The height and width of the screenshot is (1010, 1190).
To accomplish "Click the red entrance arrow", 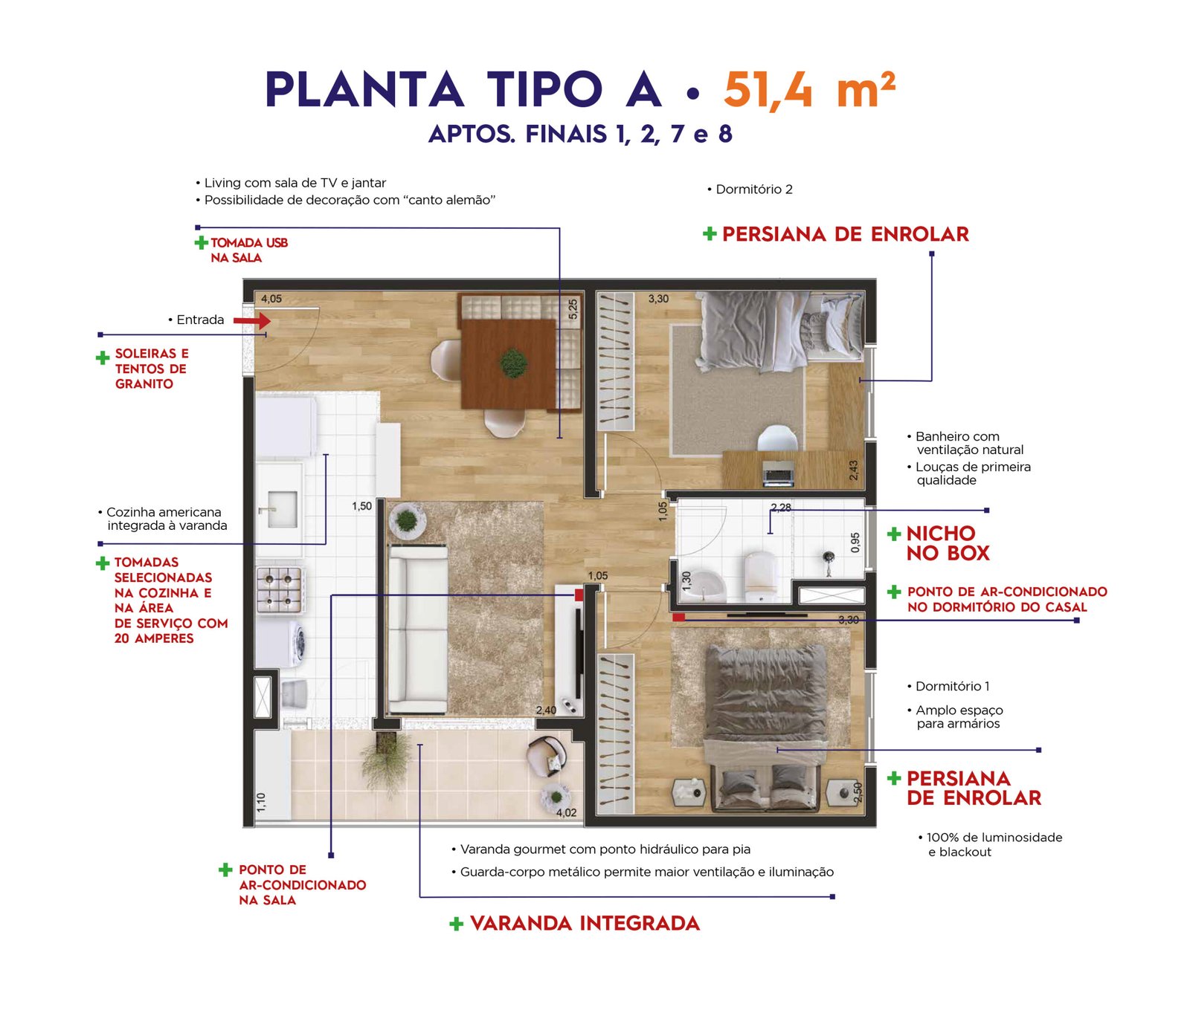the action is coord(252,320).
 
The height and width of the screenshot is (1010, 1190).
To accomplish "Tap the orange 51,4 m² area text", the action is coord(809,90).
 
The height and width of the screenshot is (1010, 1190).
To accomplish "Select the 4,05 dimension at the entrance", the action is coord(271,299).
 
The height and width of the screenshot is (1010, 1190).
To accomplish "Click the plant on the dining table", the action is coord(513,363).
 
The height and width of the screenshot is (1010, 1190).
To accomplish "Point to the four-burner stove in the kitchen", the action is coord(279,589).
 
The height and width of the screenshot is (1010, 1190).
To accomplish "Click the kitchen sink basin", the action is coord(280,508).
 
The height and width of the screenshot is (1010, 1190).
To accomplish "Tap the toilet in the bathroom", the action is coord(761,576).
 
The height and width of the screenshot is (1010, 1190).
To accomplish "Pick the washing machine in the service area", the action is coord(283,641).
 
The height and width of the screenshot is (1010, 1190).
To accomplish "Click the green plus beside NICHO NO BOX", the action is coord(894,534).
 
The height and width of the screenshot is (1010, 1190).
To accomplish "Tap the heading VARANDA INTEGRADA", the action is coord(585,923).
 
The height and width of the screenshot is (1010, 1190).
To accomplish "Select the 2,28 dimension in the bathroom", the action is coord(781,508).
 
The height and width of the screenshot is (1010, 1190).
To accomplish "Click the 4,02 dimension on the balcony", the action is coord(566,812).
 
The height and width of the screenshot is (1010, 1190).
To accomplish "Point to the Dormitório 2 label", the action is coord(754,190).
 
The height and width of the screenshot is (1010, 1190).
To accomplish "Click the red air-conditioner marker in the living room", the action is coord(579,595).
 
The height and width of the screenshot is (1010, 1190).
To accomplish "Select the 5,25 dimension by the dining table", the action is coord(573,309).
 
